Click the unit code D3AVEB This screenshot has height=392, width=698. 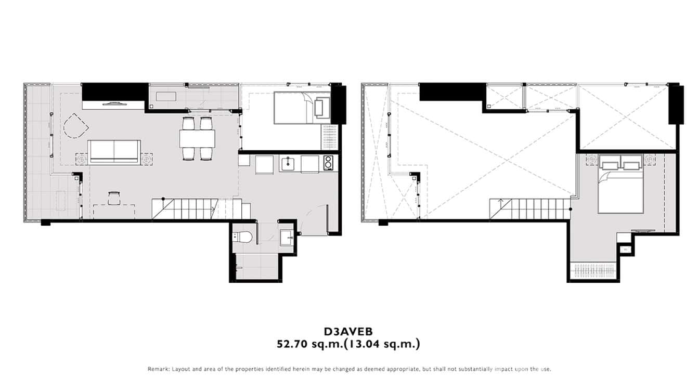click(348, 331)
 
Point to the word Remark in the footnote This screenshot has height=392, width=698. click(159, 369)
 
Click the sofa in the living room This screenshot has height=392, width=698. click(114, 152)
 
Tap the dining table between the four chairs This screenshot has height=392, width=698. click(197, 138)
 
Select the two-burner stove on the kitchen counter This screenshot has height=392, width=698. click(328, 163)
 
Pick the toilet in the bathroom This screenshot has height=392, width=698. click(243, 237)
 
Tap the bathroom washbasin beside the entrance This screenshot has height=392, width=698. click(287, 238)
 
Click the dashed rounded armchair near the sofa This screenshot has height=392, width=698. click(75, 126)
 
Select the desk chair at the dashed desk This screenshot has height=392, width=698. click(114, 198)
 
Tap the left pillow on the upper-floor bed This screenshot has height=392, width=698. click(608, 166)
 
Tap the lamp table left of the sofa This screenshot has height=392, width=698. click(82, 159)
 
